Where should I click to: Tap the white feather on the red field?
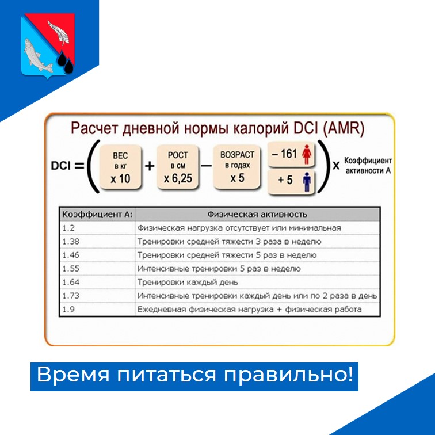tap(59, 32)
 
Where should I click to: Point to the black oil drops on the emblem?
tap(66, 62)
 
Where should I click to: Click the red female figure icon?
tap(307, 154)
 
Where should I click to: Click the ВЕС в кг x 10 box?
tap(120, 167)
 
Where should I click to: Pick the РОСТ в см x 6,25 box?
tap(178, 167)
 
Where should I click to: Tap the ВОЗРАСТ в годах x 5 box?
tap(237, 167)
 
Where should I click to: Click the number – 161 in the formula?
tap(284, 154)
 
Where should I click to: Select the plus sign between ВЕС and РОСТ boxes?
tap(150, 166)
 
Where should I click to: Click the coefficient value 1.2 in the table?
tap(68, 228)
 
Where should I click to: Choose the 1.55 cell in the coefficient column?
tap(71, 269)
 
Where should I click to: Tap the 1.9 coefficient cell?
tap(68, 310)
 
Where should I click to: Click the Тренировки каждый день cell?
tap(188, 283)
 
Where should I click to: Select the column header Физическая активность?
tap(257, 215)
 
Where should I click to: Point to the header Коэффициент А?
tap(97, 215)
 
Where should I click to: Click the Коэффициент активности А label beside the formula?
tap(368, 166)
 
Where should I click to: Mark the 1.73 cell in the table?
tap(71, 296)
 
